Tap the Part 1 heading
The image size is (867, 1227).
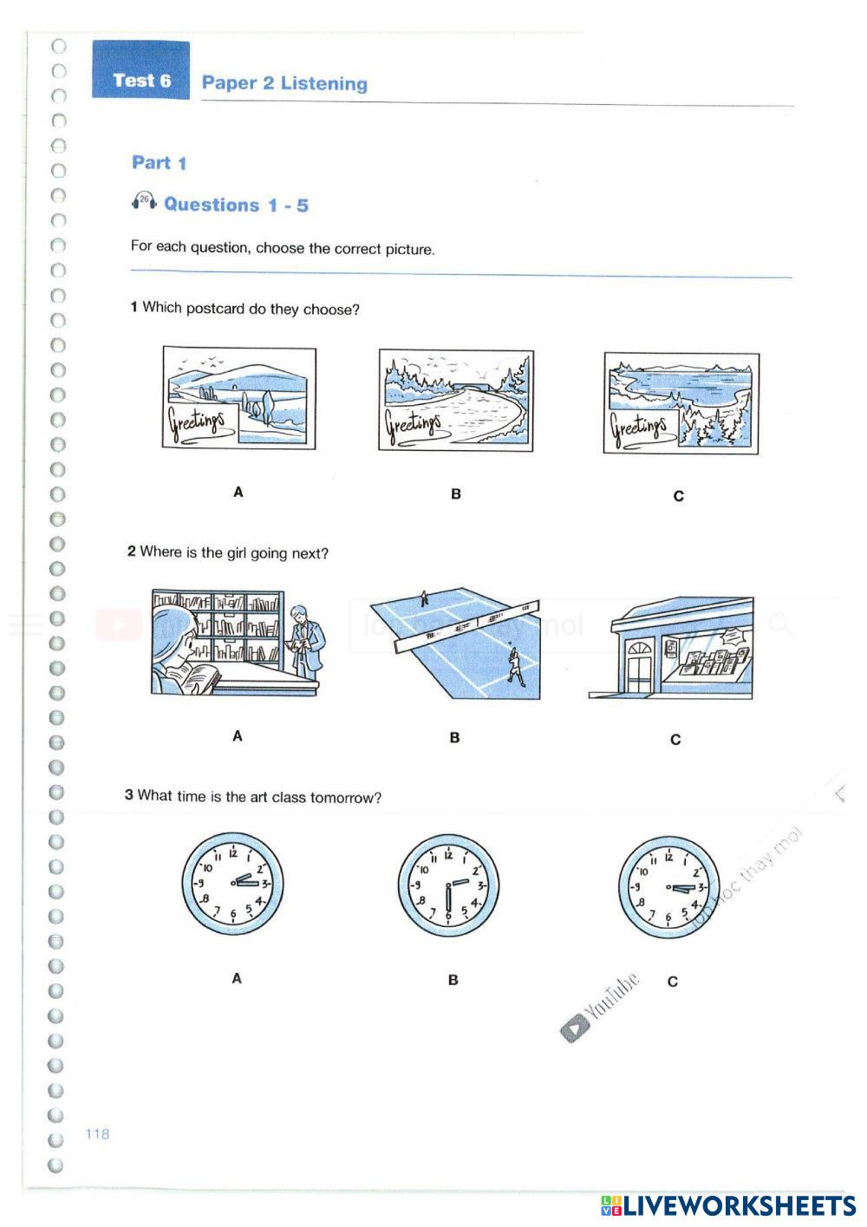click(159, 162)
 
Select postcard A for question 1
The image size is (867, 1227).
click(239, 398)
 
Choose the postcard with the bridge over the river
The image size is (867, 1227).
click(456, 401)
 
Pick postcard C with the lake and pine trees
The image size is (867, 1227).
click(681, 403)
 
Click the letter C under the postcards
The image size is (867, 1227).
click(678, 496)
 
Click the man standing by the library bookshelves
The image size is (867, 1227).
click(305, 639)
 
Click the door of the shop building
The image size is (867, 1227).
click(641, 667)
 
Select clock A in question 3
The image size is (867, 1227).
click(232, 884)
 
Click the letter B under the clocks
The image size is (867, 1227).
click(453, 980)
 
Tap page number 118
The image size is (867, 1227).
click(97, 1133)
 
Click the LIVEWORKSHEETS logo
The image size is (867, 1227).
click(728, 1205)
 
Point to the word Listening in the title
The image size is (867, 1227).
click(323, 83)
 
